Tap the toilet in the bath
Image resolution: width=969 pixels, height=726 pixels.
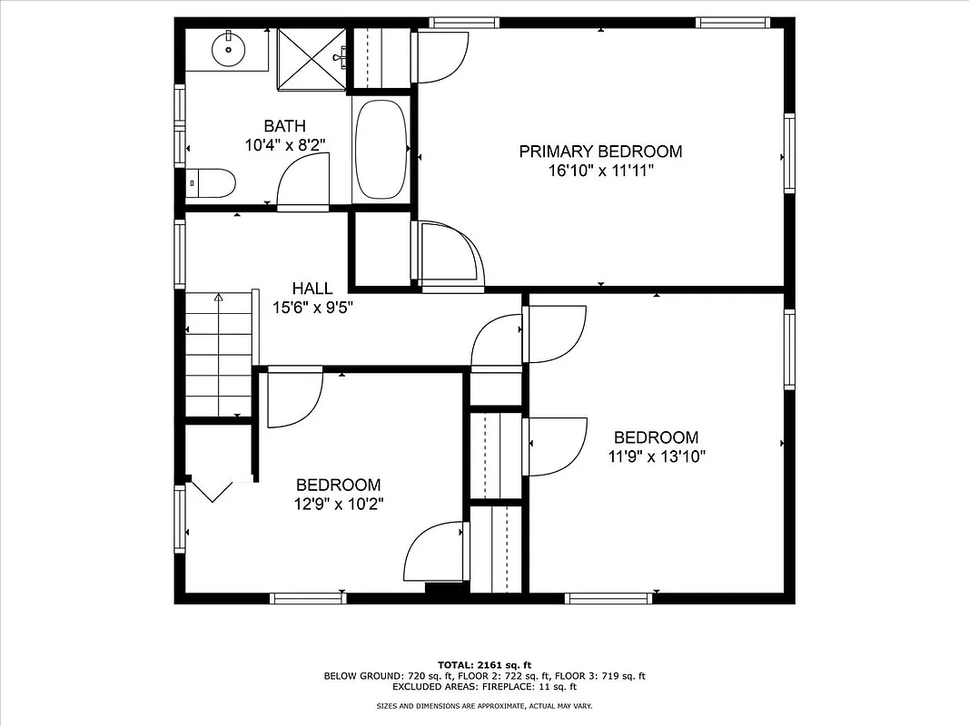pyautogui.click(x=213, y=183)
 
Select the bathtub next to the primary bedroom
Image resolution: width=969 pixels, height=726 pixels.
pyautogui.click(x=381, y=150)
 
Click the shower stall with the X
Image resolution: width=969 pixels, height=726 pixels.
pyautogui.click(x=311, y=58)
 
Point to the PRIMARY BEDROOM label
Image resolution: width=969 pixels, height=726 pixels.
pyautogui.click(x=600, y=152)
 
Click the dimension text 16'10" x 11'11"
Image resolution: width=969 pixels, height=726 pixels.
pyautogui.click(x=600, y=170)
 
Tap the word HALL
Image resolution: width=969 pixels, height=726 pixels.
pyautogui.click(x=311, y=289)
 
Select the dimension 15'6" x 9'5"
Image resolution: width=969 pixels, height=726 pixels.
pyautogui.click(x=312, y=307)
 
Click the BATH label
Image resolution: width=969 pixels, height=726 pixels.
pyautogui.click(x=284, y=126)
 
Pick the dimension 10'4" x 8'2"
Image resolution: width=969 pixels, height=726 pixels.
pyautogui.click(x=284, y=144)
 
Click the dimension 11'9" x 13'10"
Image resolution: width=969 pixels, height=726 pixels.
pyautogui.click(x=657, y=456)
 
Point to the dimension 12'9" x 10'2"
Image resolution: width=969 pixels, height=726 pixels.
pyautogui.click(x=339, y=504)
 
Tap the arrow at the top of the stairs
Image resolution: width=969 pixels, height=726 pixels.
pyautogui.click(x=218, y=298)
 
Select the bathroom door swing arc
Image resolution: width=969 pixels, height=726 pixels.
pyautogui.click(x=303, y=181)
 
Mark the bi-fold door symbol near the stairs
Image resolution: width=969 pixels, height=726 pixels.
pyautogui.click(x=213, y=491)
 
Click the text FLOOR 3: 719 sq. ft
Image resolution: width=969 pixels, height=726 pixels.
pyautogui.click(x=600, y=676)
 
